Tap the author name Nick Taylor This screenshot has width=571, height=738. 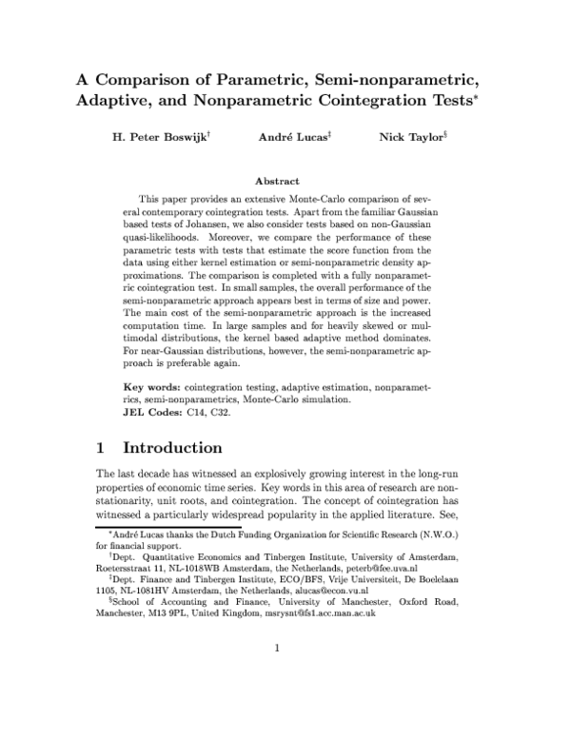tap(411, 137)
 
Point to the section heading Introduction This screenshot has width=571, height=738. tap(173, 447)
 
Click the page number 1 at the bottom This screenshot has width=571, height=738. tap(276, 703)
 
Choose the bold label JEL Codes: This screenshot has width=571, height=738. tap(157, 414)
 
